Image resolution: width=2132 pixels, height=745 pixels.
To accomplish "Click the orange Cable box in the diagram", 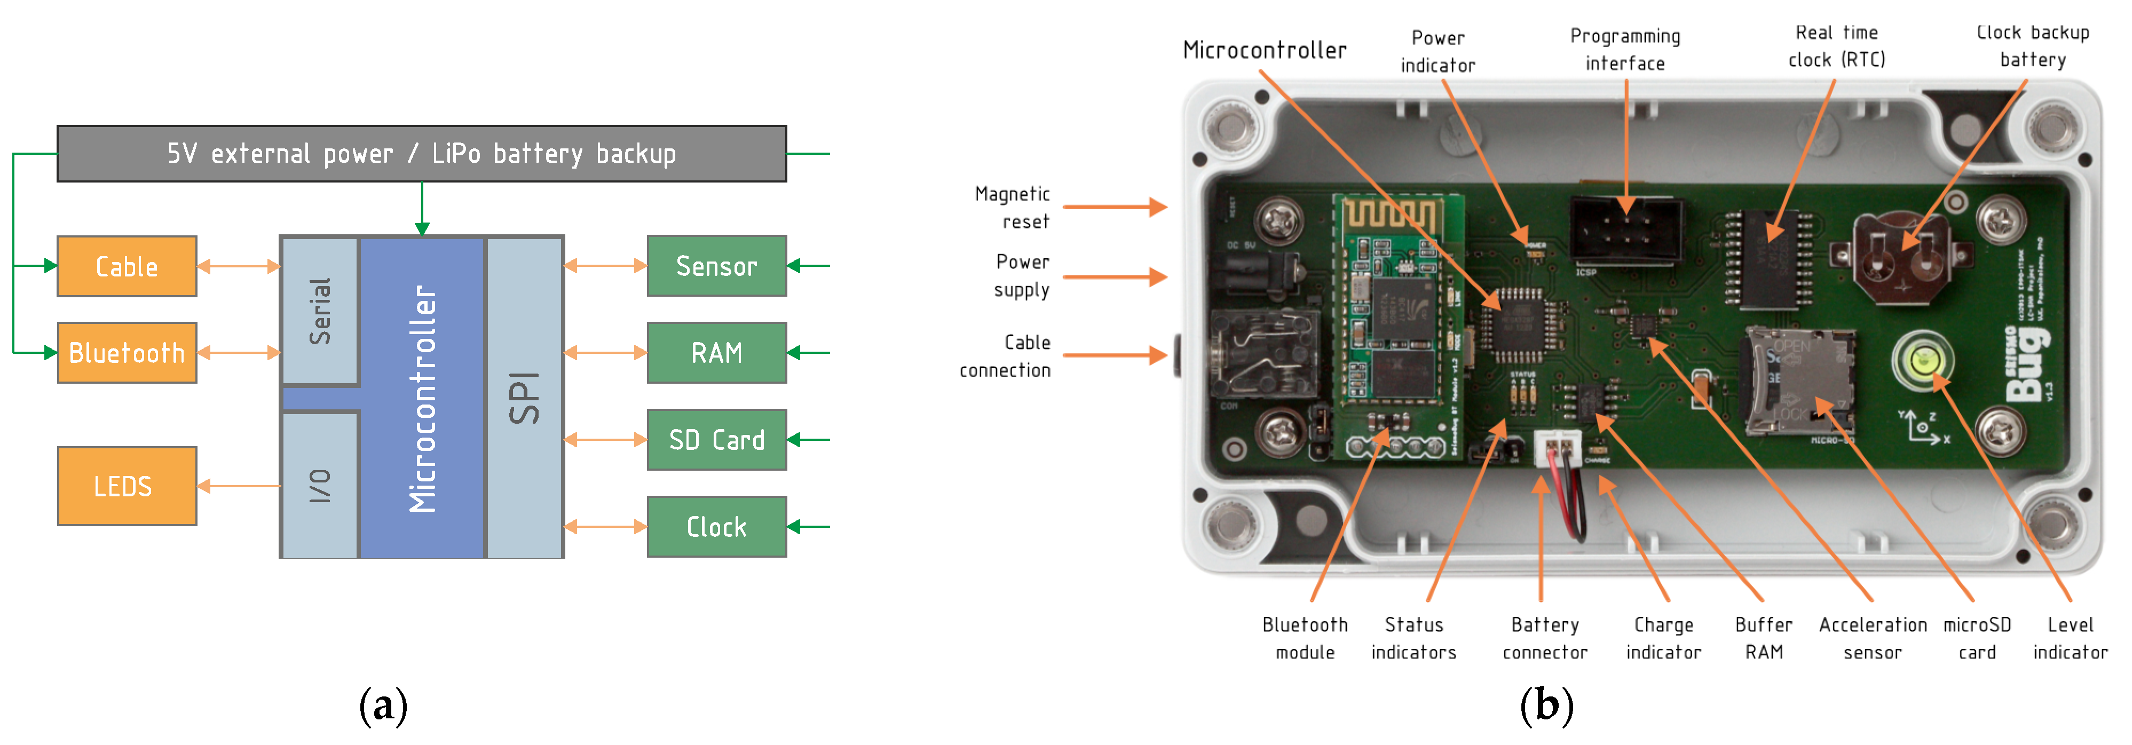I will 127,266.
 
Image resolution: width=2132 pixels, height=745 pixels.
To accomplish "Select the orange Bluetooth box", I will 127,353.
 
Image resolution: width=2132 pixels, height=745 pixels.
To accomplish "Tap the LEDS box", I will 127,486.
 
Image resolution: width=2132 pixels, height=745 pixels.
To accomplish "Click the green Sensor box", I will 716,266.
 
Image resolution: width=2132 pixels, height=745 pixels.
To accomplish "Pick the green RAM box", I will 716,353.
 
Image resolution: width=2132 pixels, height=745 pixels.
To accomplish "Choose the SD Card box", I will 716,440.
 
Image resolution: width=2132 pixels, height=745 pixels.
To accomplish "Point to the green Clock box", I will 716,527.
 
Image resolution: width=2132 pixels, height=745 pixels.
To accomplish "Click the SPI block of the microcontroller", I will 525,398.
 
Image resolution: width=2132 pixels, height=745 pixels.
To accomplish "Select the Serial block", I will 319,311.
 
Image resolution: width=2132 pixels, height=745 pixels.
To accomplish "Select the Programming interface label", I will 1625,50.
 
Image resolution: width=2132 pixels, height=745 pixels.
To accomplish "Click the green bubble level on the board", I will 1923,360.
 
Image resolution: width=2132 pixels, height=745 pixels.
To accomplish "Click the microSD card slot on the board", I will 1798,381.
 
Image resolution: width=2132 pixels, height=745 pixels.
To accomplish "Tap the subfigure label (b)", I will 1546,706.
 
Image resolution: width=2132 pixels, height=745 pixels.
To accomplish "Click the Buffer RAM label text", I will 1764,638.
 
